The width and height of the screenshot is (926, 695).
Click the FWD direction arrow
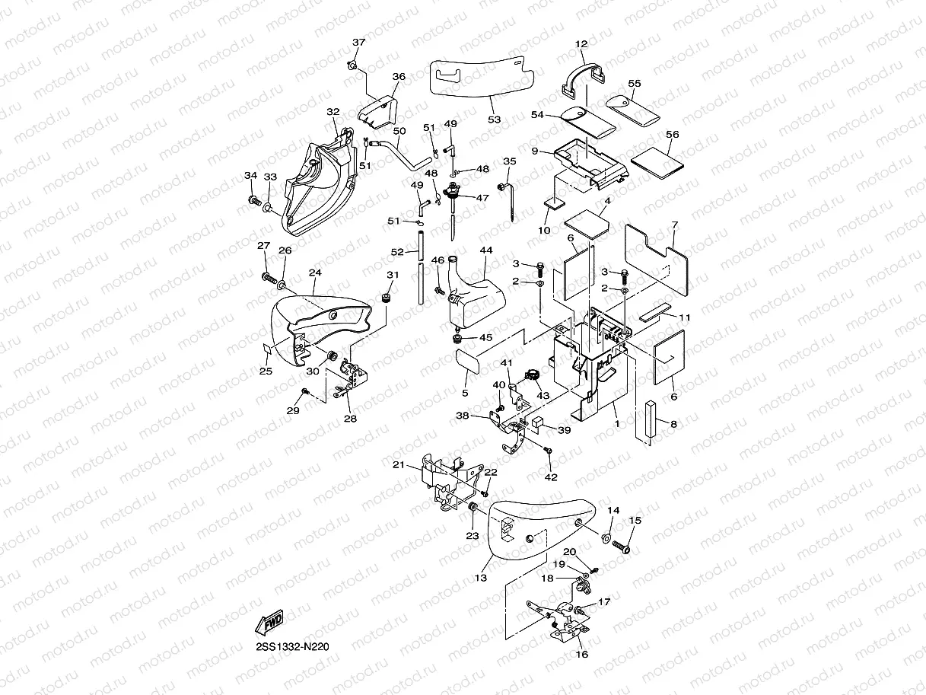click(269, 623)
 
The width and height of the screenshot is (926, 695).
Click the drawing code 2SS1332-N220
click(292, 648)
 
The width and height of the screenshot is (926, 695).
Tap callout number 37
click(358, 43)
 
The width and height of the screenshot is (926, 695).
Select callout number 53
click(495, 120)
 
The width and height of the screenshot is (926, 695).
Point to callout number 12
click(582, 44)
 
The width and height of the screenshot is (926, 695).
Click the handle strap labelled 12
click(584, 76)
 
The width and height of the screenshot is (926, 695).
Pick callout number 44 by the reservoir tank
click(486, 250)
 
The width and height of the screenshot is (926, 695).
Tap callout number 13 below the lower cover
click(481, 578)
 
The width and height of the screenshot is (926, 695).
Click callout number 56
click(672, 134)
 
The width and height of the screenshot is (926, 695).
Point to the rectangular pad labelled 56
click(658, 158)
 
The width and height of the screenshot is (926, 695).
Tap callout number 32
click(333, 112)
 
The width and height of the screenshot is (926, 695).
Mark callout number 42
click(552, 477)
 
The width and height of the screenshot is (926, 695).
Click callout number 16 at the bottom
click(582, 653)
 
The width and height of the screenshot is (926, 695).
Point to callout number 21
click(398, 464)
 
